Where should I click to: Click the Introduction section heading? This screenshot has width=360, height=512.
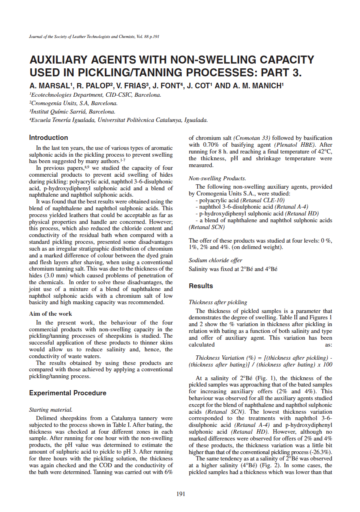pos(48,137)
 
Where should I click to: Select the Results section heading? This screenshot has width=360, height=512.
pos(201,286)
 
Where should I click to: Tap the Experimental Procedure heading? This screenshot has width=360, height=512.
pos(68,393)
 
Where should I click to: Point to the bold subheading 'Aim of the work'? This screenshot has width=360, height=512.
pos(51,314)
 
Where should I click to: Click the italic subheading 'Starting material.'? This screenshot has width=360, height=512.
pos(51,410)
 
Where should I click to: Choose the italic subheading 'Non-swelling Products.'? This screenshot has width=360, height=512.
pos(217,178)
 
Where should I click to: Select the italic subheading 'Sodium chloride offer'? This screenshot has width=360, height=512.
pos(215,260)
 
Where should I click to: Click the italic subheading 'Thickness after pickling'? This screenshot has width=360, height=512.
pos(218,302)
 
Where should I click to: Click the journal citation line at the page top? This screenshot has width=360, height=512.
pos(94,37)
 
